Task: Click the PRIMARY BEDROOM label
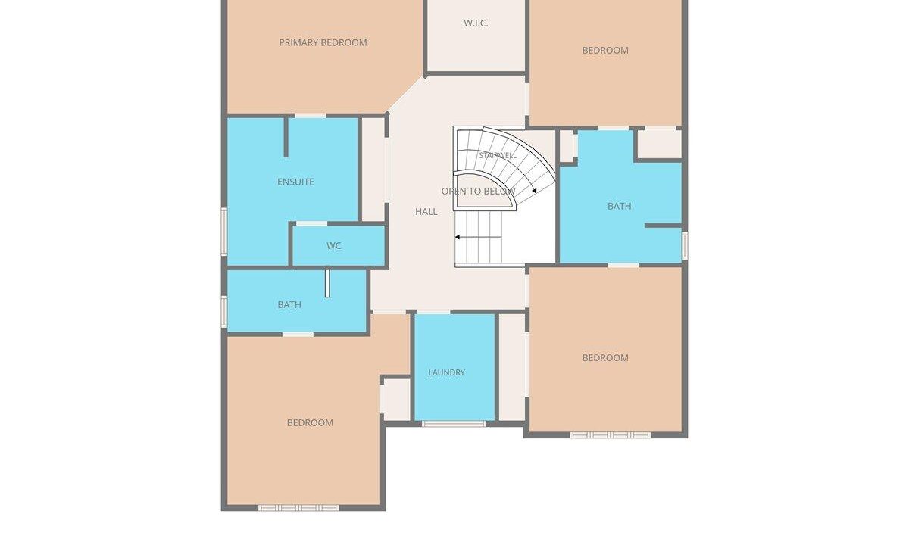pos(323,42)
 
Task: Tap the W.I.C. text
pos(476,23)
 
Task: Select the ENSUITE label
pos(296,182)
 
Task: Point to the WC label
pos(333,246)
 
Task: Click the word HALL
pos(426,211)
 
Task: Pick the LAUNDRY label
pos(446,372)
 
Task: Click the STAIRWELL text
pos(498,155)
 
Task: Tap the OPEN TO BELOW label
pos(479,191)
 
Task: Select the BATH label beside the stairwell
pos(620,206)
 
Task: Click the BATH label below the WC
pos(289,304)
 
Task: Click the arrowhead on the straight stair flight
pos(458,237)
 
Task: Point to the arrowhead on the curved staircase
pos(535,191)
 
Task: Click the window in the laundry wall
pos(454,424)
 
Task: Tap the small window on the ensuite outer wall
pos(223,232)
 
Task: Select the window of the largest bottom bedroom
pos(298,508)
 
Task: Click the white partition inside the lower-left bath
pos(327,283)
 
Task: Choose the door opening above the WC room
pos(311,223)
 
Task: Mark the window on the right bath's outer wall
pos(685,245)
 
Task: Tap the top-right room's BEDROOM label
pos(605,50)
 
